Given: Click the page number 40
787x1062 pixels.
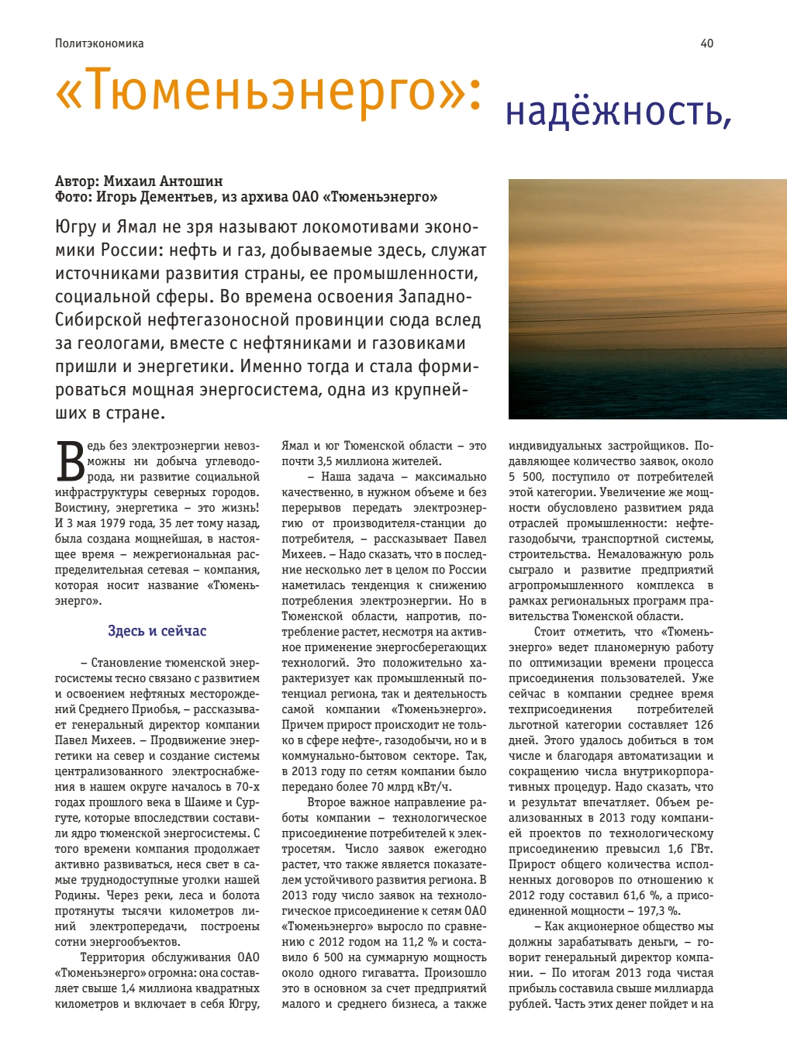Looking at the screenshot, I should click(x=706, y=43).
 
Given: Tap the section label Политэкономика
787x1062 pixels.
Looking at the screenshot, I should click(x=99, y=43).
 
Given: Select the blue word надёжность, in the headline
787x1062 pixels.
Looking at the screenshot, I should click(x=618, y=112).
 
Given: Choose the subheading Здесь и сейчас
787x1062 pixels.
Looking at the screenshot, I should click(x=157, y=631).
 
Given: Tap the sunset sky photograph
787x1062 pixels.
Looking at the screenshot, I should click(x=647, y=299).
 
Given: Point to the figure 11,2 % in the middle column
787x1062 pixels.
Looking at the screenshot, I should click(x=420, y=942).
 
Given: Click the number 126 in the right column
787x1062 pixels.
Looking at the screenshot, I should click(x=703, y=725).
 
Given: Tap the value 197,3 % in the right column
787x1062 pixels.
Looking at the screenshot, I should click(x=659, y=911).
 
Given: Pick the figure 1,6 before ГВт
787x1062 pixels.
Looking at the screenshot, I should click(x=675, y=849).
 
